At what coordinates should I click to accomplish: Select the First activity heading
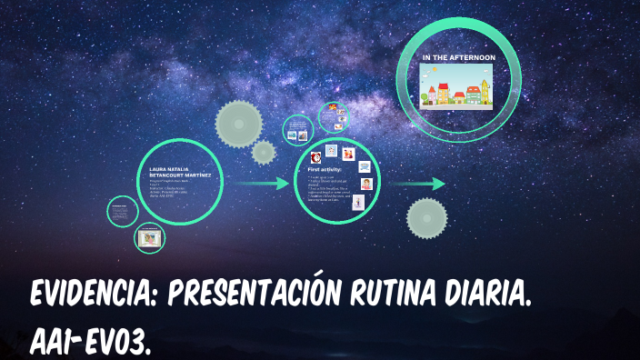tap(325, 169)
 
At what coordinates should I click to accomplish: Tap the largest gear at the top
tap(239, 124)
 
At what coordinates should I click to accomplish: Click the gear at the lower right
tap(426, 218)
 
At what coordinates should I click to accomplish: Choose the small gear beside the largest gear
tap(264, 152)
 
